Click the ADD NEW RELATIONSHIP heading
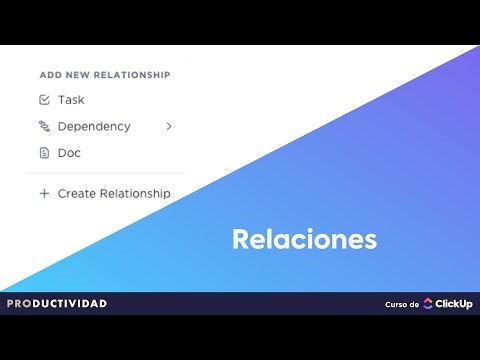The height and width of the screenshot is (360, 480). tap(104, 74)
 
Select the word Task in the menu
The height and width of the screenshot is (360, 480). tap(71, 100)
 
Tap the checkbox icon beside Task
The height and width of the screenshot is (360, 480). tap(44, 100)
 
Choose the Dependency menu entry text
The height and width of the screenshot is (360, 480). tap(94, 127)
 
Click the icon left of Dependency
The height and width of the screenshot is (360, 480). tap(44, 127)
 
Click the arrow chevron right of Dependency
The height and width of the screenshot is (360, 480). tap(169, 127)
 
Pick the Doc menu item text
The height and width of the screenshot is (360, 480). tap(69, 153)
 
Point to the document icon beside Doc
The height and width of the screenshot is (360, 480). tap(44, 153)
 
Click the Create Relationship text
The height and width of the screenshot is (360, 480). tap(114, 193)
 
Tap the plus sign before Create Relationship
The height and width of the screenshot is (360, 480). tap(44, 193)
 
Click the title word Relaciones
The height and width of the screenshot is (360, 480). tap(304, 240)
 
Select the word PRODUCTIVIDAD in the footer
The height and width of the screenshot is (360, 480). tap(57, 303)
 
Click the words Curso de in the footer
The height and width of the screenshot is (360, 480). tap(401, 304)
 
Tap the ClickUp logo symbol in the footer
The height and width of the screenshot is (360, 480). tap(428, 304)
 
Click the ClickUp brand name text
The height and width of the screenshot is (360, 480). tap(454, 304)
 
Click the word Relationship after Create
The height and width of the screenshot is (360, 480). tap(136, 193)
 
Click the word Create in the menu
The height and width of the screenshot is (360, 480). tap(78, 193)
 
